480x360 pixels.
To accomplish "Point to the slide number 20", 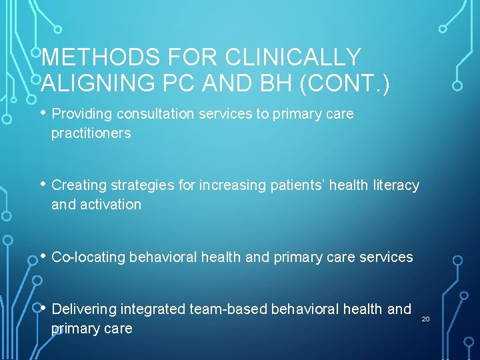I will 425,319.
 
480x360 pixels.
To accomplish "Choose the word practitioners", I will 91,133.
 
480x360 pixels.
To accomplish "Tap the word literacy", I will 394,185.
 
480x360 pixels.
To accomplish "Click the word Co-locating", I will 88,257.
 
